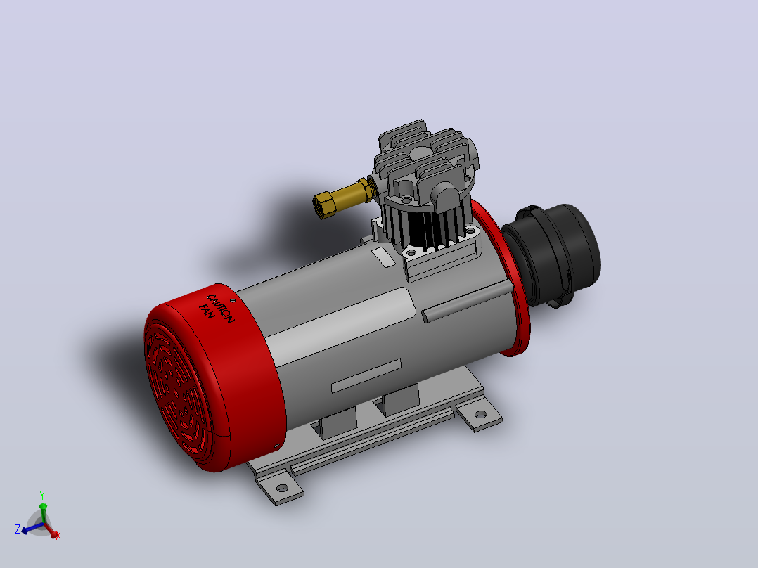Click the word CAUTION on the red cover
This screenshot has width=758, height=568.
(221, 309)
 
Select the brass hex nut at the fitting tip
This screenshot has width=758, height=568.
(325, 205)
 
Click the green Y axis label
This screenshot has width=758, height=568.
(42, 496)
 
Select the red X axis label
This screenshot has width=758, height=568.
(58, 536)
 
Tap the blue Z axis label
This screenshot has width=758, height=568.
(18, 529)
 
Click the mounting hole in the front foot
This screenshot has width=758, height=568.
(283, 488)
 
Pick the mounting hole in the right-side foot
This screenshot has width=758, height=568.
(480, 414)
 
